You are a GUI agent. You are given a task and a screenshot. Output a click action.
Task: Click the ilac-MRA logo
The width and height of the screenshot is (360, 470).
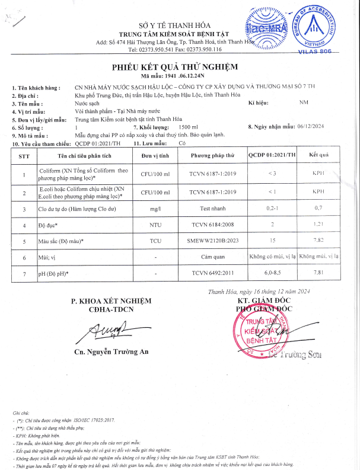[265, 30]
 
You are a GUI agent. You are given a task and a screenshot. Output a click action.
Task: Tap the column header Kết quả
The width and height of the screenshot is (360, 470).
[318, 155]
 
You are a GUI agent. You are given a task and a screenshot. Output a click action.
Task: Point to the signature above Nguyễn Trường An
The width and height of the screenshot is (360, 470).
[108, 329]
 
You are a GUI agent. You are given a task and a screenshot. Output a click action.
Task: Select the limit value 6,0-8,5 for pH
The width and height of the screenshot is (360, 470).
[272, 273]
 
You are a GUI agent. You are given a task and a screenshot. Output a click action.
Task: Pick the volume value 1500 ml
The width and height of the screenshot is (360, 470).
[188, 127]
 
